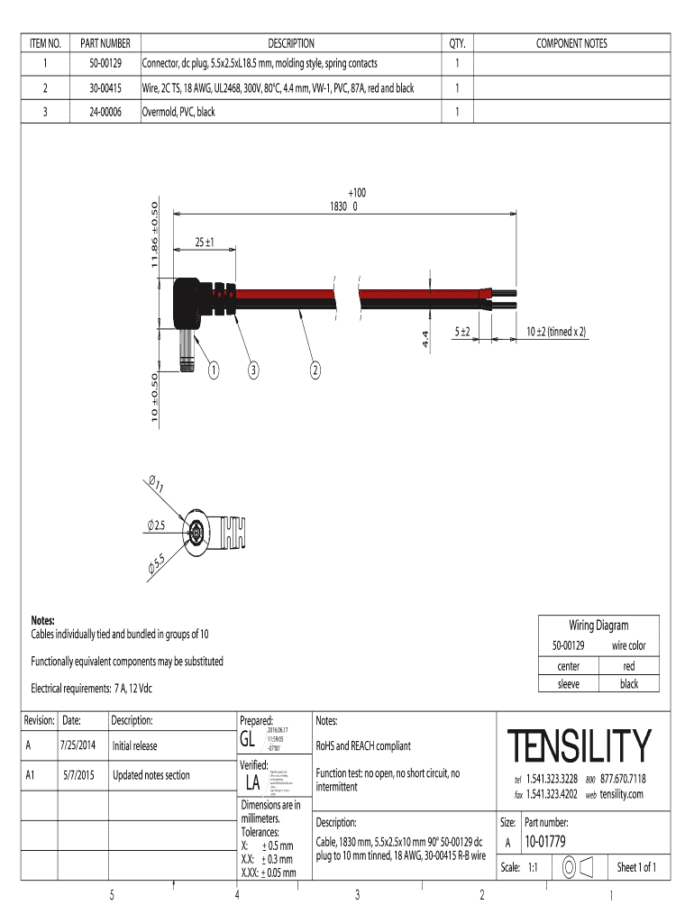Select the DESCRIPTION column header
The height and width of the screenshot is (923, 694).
(290, 43)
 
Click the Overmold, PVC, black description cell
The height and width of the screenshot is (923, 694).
(178, 112)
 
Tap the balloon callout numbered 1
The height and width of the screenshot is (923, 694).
(214, 370)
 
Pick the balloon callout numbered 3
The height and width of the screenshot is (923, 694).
(255, 370)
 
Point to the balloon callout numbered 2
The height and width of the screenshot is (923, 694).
(315, 370)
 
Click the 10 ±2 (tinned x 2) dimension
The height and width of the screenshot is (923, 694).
(556, 332)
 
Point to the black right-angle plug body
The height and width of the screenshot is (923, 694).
(190, 302)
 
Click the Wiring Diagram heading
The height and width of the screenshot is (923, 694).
(598, 626)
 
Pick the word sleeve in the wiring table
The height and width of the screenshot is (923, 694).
(569, 684)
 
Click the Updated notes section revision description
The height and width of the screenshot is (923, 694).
(151, 774)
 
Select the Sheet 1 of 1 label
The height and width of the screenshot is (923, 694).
(636, 868)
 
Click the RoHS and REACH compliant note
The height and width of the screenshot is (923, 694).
(363, 745)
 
